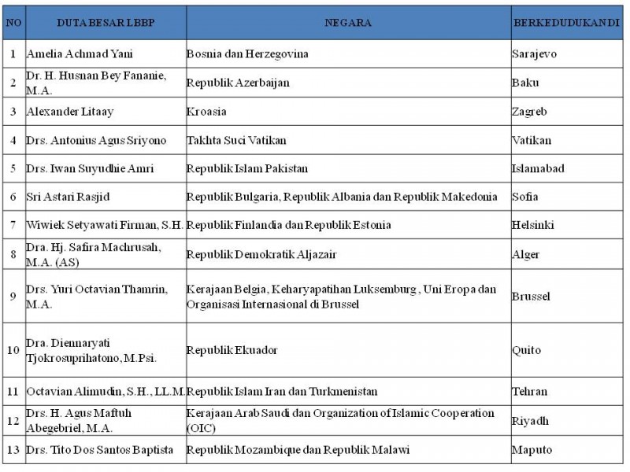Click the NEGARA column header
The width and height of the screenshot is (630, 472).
pyautogui.click(x=348, y=23)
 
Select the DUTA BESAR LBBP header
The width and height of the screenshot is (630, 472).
pyautogui.click(x=106, y=23)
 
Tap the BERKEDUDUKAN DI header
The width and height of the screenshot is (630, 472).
pyautogui.click(x=566, y=23)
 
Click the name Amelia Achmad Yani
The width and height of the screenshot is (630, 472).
pyautogui.click(x=79, y=54)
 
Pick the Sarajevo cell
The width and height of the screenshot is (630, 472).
pyautogui.click(x=534, y=54)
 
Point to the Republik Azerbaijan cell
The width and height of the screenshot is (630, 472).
pyautogui.click(x=238, y=83)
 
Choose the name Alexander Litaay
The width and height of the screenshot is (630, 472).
pyautogui.click(x=70, y=112)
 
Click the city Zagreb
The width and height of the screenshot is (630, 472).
pyautogui.click(x=529, y=112)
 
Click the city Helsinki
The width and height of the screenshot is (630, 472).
pyautogui.click(x=533, y=225)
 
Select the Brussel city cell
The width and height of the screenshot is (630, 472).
pyautogui.click(x=531, y=297)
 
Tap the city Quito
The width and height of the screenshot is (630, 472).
pyautogui.click(x=526, y=349)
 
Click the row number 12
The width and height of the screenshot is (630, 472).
pyautogui.click(x=13, y=420)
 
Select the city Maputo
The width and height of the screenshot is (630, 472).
pyautogui.click(x=532, y=450)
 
